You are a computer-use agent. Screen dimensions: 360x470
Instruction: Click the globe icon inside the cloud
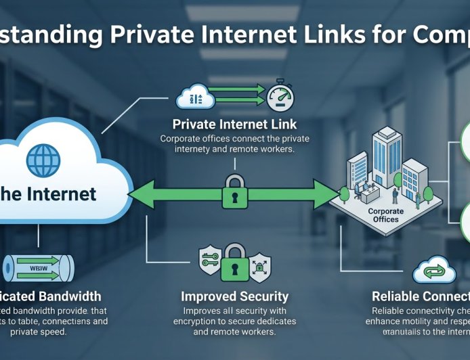click(42, 160)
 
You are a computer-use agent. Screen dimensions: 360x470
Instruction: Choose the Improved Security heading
click(234, 296)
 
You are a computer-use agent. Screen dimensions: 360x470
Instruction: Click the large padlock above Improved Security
click(234, 260)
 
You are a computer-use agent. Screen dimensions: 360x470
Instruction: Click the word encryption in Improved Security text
click(202, 321)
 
